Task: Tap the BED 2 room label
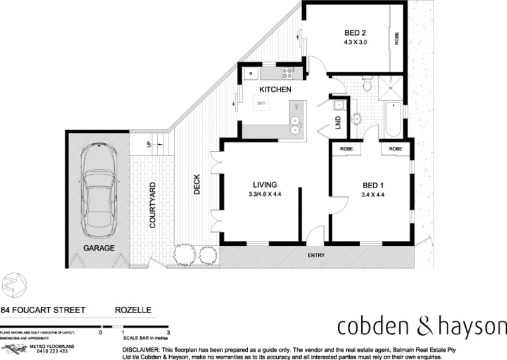pyautogui.click(x=354, y=33)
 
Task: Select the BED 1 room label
pyautogui.click(x=373, y=185)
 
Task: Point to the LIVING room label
pyautogui.click(x=264, y=185)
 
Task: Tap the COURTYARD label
pyautogui.click(x=153, y=205)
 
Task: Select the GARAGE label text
pyautogui.click(x=99, y=248)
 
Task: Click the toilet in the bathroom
pyautogui.click(x=366, y=86)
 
